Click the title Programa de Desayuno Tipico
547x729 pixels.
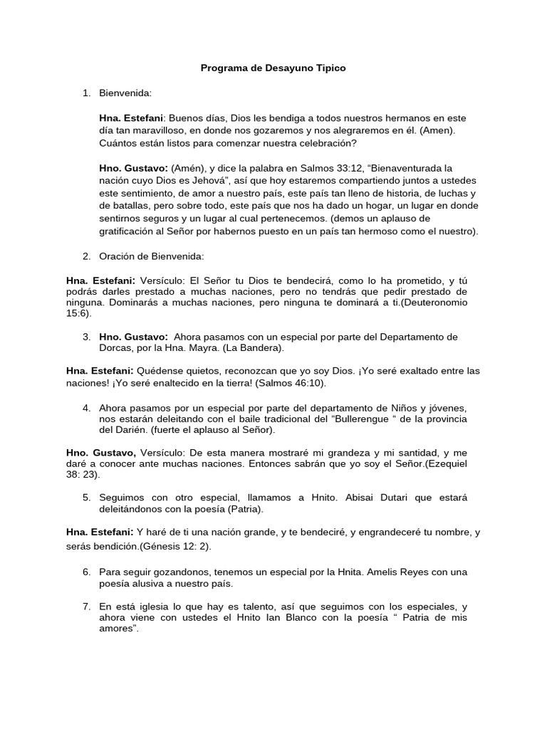[273, 68]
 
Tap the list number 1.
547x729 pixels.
[85, 93]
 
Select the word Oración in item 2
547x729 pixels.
[117, 256]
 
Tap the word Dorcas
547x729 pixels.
[115, 348]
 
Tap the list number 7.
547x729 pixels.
[85, 606]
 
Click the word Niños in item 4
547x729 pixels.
[401, 407]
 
